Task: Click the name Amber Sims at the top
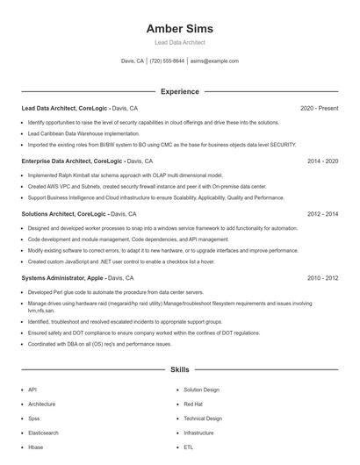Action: (179, 29)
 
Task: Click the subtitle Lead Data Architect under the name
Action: (179, 42)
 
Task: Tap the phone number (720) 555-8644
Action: (167, 61)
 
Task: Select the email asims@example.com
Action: (214, 61)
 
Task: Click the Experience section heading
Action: (179, 91)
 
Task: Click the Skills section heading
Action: (179, 371)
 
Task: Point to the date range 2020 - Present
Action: (319, 108)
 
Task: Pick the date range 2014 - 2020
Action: (322, 161)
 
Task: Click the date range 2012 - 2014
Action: (322, 214)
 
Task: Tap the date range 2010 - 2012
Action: (322, 278)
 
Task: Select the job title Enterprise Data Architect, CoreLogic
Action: (72, 161)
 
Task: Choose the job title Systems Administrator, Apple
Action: (62, 278)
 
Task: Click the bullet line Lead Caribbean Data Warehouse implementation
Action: (83, 133)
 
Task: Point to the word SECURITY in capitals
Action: (283, 144)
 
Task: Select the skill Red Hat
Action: (193, 404)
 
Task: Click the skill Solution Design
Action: (201, 390)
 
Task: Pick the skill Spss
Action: (34, 418)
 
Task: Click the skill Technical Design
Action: (203, 418)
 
